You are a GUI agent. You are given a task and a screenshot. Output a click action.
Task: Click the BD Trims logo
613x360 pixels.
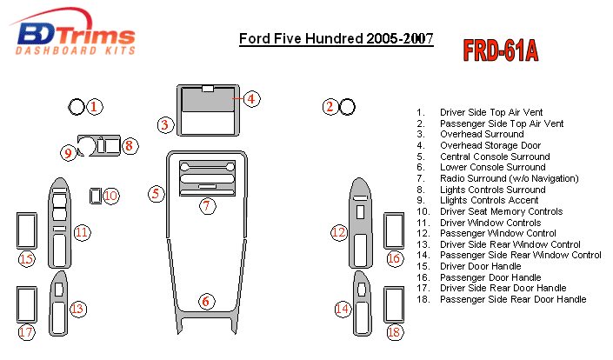pyautogui.click(x=73, y=32)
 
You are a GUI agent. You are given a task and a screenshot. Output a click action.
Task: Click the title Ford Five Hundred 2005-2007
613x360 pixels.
pyautogui.click(x=336, y=39)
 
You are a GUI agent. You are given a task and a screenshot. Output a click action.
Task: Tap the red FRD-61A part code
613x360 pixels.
pyautogui.click(x=501, y=50)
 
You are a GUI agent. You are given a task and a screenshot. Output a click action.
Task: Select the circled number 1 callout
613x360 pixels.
pyautogui.click(x=94, y=107)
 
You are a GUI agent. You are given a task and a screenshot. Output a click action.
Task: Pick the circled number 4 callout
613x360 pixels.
pyautogui.click(x=251, y=98)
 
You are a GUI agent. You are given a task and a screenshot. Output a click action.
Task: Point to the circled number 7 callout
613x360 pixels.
pyautogui.click(x=207, y=205)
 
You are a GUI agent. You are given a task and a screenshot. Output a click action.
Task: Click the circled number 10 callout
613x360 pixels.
pyautogui.click(x=111, y=196)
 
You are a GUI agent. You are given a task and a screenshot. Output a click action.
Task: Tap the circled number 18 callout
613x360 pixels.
pyautogui.click(x=394, y=332)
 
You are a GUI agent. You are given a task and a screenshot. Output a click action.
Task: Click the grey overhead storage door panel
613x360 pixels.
pyautogui.click(x=208, y=101)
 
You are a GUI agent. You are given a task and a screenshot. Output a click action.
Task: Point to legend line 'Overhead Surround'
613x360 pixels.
pyautogui.click(x=482, y=134)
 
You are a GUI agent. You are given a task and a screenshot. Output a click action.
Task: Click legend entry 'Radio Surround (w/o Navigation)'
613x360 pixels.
pyautogui.click(x=509, y=178)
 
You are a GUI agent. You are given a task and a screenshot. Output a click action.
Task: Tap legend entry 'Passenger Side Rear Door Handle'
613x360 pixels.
pyautogui.click(x=513, y=299)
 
